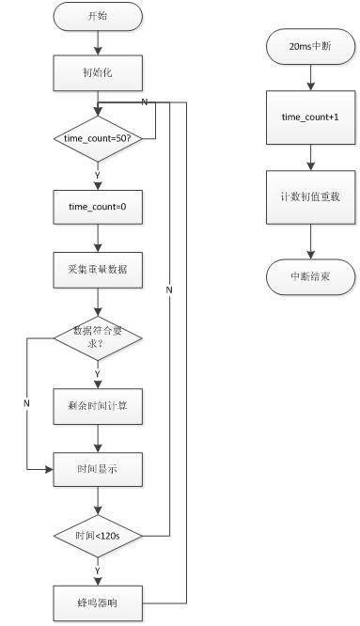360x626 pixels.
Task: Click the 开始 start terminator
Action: (98, 16)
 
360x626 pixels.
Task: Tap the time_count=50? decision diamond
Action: (98, 138)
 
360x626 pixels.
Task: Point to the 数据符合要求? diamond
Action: (98, 336)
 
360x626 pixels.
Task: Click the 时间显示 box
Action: (98, 467)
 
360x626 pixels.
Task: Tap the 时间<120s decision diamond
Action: (98, 535)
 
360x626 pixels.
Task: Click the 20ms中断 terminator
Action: (309, 44)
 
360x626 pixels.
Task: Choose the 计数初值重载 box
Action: (309, 197)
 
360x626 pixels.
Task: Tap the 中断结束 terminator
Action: (309, 276)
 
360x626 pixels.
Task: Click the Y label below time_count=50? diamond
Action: (97, 175)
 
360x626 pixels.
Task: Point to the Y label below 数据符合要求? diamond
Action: (97, 373)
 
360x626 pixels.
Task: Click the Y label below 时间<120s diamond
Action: (97, 569)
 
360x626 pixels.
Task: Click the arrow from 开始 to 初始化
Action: (98, 41)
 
